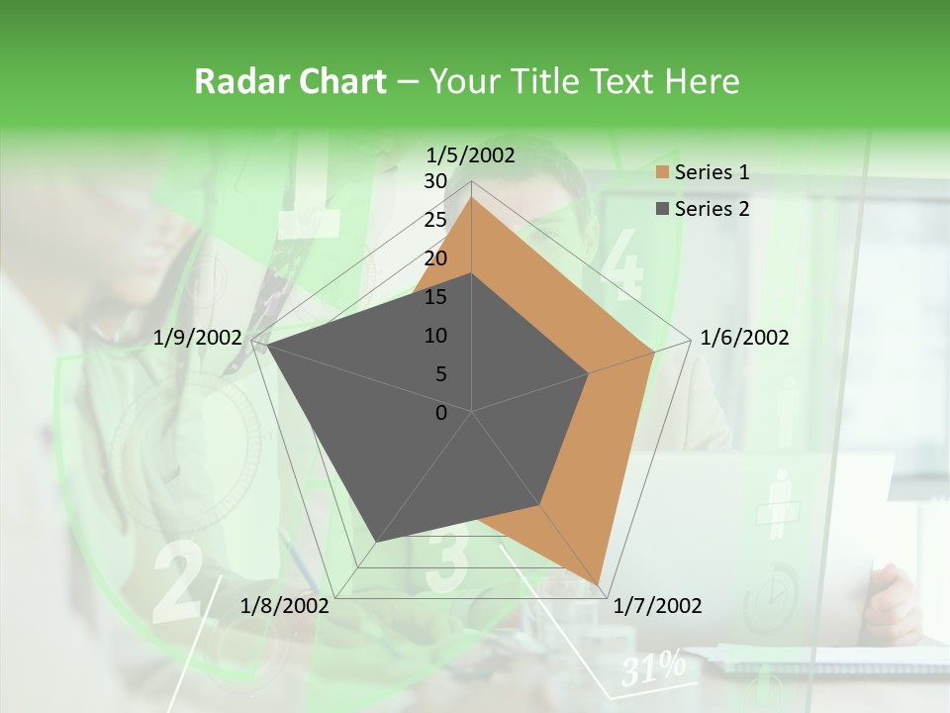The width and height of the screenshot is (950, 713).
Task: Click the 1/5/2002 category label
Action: tap(470, 154)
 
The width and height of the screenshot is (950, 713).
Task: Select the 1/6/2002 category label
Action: tap(744, 338)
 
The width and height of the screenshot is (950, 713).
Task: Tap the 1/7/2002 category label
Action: tap(657, 605)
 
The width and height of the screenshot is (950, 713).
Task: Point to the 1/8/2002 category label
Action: tap(285, 605)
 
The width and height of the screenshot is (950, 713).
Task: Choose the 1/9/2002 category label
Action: tap(198, 338)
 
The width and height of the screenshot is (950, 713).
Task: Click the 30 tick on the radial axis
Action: tap(435, 181)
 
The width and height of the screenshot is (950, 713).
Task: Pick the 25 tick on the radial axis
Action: tap(435, 220)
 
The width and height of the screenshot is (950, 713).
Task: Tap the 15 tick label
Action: tap(435, 297)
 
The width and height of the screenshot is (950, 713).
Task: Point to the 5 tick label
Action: tap(441, 374)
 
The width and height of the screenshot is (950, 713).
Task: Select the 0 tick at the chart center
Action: tap(441, 413)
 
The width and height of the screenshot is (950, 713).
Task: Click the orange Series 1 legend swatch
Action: tap(662, 173)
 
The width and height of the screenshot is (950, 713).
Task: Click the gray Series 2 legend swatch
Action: tap(662, 209)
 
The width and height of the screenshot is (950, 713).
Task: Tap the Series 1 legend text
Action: tap(712, 172)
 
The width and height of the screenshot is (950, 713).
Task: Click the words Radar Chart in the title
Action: tap(290, 81)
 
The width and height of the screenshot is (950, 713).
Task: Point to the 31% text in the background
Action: tap(653, 667)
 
